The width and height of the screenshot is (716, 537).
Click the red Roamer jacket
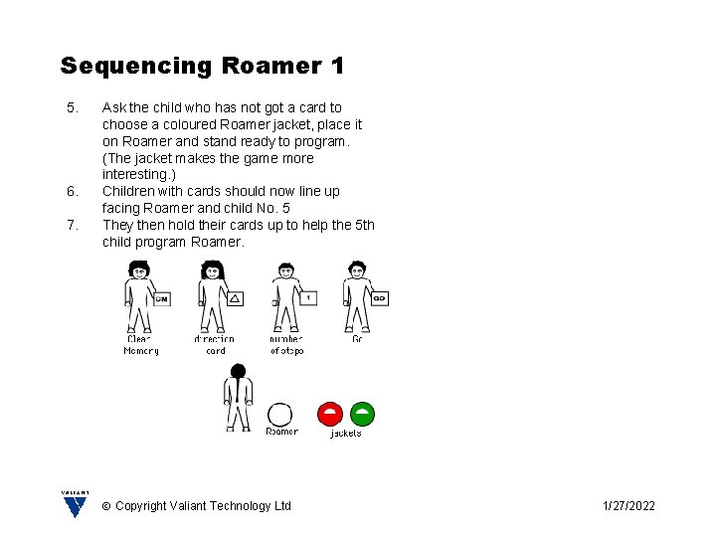click(330, 414)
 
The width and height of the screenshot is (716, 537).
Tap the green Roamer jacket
click(363, 414)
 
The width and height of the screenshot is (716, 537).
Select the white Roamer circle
click(281, 415)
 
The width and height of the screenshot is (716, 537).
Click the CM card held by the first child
click(162, 298)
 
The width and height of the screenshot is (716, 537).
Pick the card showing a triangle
click(235, 298)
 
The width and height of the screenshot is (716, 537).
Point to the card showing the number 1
click(307, 297)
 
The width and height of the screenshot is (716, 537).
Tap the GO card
click(379, 297)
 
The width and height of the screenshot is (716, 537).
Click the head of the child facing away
click(238, 373)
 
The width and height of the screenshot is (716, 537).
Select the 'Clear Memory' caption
click(141, 345)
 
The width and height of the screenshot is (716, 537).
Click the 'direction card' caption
click(215, 345)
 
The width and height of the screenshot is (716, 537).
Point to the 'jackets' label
click(346, 433)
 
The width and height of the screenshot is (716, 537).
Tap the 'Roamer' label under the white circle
click(281, 432)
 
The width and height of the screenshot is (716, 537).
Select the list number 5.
click(71, 107)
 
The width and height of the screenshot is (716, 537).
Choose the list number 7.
click(71, 225)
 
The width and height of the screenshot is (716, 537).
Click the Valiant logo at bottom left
click(76, 504)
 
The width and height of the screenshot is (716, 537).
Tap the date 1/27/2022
click(628, 506)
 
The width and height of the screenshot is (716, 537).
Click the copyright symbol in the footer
click(106, 506)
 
